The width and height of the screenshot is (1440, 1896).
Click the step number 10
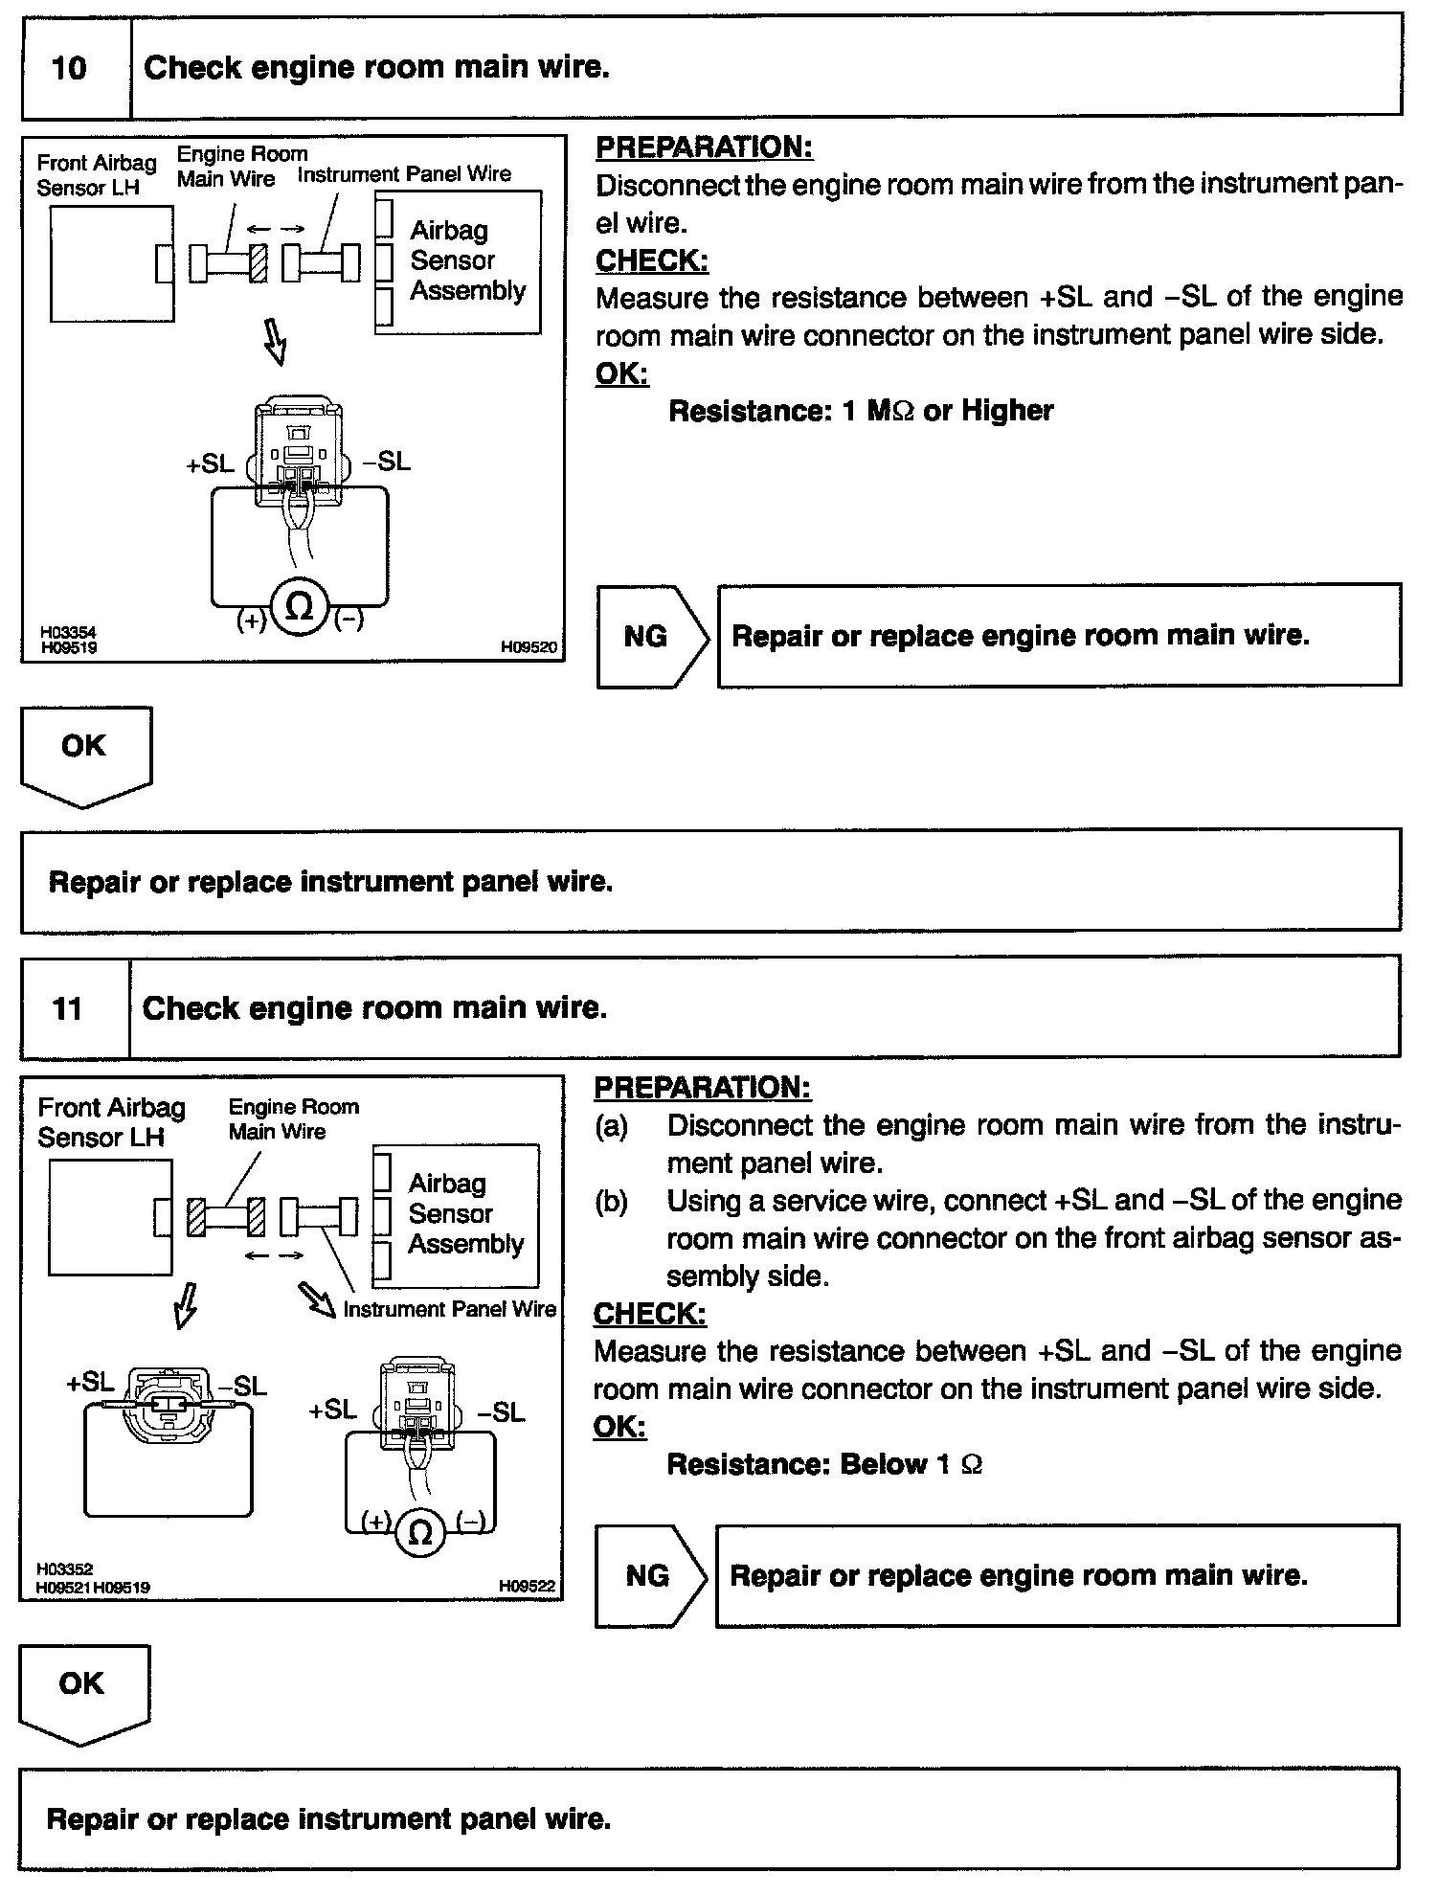(x=68, y=68)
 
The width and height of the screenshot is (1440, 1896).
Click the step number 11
(x=67, y=1008)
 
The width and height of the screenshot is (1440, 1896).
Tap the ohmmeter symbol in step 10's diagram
(x=300, y=606)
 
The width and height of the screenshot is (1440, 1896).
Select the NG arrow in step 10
(x=652, y=636)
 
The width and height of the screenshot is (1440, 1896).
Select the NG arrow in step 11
(x=650, y=1575)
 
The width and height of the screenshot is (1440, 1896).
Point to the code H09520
(x=529, y=647)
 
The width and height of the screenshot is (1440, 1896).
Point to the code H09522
(x=527, y=1587)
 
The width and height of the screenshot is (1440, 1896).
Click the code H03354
(x=68, y=633)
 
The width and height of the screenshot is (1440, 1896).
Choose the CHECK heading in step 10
(x=652, y=260)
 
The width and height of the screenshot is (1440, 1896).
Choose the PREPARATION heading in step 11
(x=703, y=1088)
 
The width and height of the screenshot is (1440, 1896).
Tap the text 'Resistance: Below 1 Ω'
(x=824, y=1464)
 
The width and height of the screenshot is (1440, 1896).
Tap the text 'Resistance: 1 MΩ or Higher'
(x=860, y=411)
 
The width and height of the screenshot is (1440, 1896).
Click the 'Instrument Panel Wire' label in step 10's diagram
(x=404, y=174)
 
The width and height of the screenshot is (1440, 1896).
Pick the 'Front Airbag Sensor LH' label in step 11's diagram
(x=111, y=1122)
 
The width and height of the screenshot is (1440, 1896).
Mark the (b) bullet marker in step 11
(x=612, y=1202)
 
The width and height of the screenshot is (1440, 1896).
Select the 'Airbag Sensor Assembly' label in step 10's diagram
(x=467, y=260)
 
